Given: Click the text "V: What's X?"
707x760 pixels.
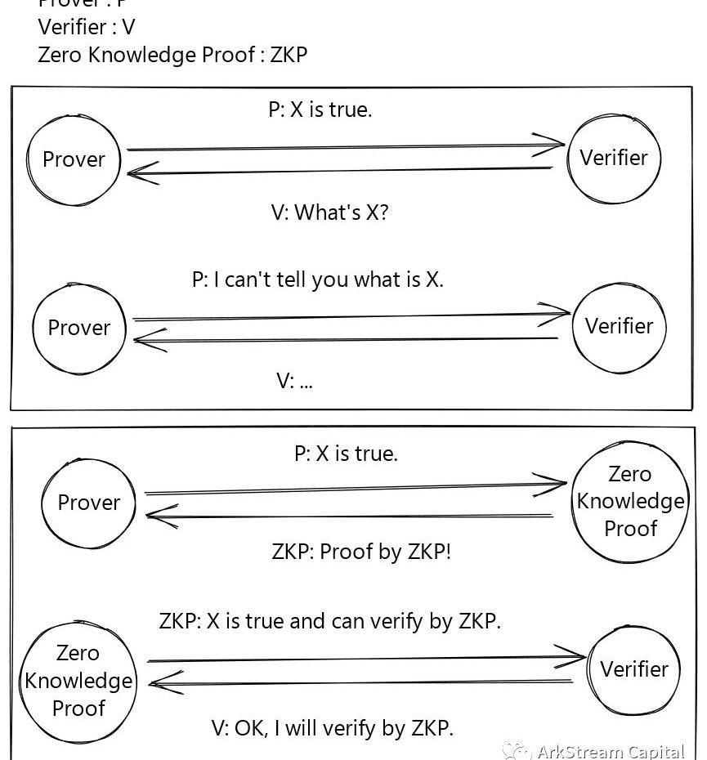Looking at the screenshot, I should (x=329, y=212).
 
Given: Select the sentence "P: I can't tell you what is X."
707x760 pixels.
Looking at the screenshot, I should (x=318, y=279).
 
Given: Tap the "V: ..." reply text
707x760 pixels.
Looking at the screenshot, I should (x=294, y=380).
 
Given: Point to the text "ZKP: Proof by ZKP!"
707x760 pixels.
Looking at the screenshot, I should (x=361, y=551).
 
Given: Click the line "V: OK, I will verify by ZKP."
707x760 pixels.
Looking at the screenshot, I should (x=333, y=727).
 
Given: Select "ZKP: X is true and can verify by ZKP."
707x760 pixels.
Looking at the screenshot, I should (x=330, y=621).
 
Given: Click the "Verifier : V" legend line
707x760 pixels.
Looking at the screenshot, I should (x=87, y=27).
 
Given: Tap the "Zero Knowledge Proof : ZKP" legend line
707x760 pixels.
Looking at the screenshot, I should (x=172, y=55).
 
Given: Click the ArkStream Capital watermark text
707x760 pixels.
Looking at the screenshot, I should (x=611, y=751).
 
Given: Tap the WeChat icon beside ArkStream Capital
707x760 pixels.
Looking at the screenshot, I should (x=516, y=751).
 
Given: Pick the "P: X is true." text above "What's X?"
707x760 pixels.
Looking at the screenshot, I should (x=320, y=110).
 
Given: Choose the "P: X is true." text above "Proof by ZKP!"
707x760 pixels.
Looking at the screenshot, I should (x=346, y=454).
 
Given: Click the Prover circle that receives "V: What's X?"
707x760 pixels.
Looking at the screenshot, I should (x=74, y=159).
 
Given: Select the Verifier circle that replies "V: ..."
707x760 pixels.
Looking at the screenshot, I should (x=619, y=326).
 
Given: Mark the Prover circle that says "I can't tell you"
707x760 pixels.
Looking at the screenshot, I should (x=78, y=328).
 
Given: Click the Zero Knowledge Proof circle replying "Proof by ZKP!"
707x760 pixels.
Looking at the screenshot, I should (x=630, y=501).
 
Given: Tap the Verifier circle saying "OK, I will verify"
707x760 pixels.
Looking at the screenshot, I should (x=633, y=669).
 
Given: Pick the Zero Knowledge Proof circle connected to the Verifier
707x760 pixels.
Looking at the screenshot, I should (x=78, y=680).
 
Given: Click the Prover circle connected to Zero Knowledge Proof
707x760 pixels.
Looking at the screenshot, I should (x=88, y=503).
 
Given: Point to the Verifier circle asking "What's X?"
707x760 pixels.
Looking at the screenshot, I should (x=614, y=158).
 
